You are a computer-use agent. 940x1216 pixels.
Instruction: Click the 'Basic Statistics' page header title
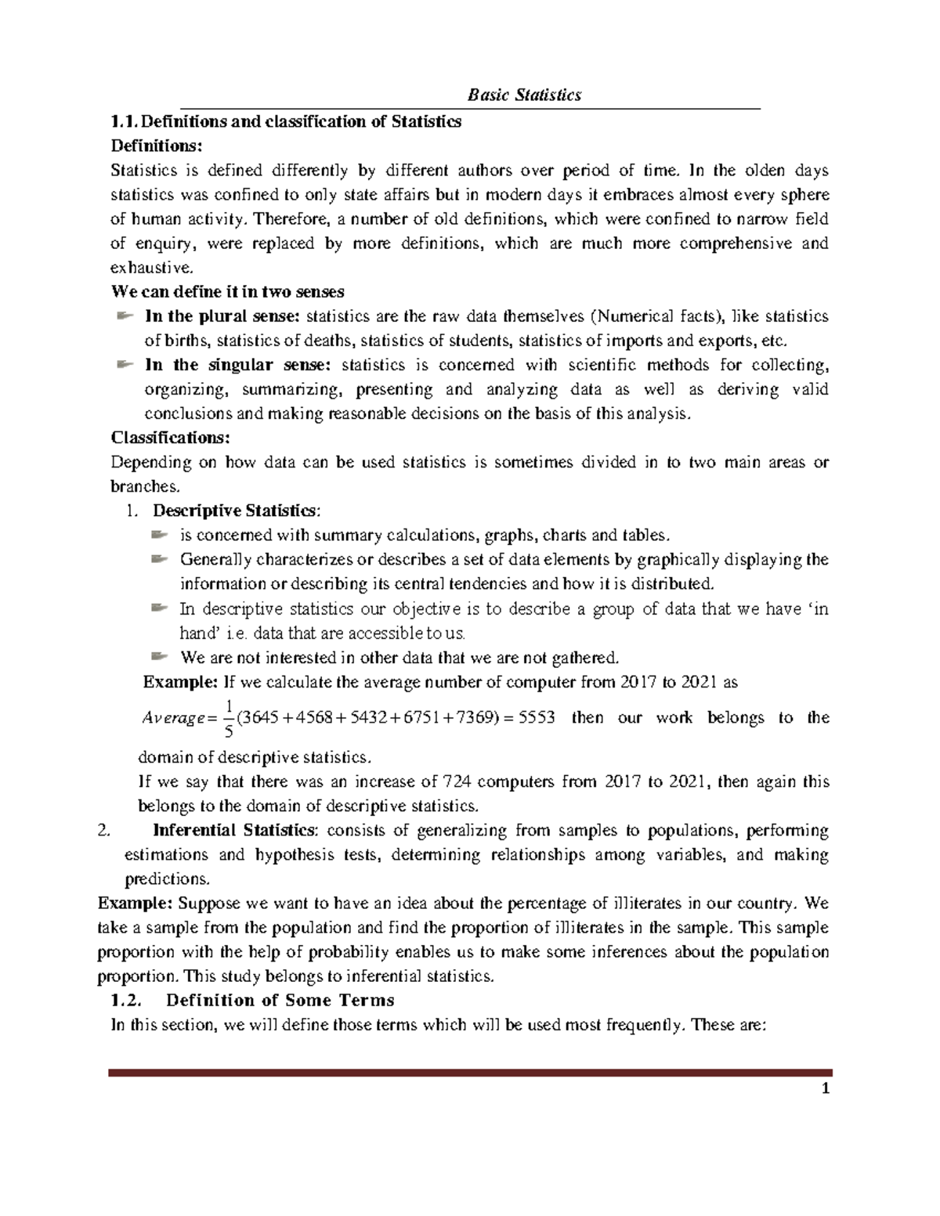(x=524, y=96)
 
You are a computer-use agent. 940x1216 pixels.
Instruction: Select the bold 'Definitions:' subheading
(x=156, y=146)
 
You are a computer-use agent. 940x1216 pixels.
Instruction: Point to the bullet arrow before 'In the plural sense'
(x=124, y=316)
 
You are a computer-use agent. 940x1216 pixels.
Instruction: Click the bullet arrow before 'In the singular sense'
(x=124, y=364)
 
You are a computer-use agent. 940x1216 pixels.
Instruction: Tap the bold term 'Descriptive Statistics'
(x=235, y=511)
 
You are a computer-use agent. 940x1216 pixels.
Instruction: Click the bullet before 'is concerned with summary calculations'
(x=159, y=535)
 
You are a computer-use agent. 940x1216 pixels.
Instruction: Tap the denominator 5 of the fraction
(x=228, y=732)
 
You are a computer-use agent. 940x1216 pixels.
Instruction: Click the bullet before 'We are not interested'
(x=159, y=656)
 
